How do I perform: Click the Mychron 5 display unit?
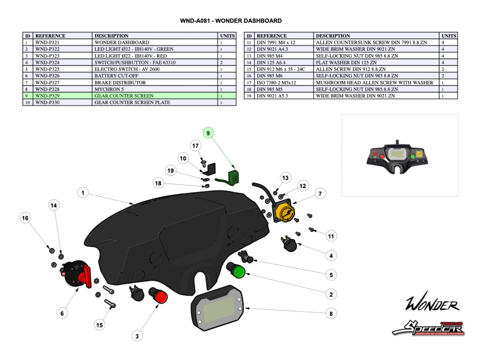point(218,310)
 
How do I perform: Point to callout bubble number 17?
point(196,146)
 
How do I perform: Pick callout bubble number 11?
point(331,236)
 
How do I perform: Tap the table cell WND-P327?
point(62,82)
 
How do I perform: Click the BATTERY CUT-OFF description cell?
point(155,75)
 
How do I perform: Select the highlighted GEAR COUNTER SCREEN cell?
point(155,96)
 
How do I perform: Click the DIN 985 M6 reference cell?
point(284,75)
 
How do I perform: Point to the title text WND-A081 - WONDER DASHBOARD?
point(231,21)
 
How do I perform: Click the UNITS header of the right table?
point(448,36)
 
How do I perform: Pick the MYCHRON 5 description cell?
point(155,89)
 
